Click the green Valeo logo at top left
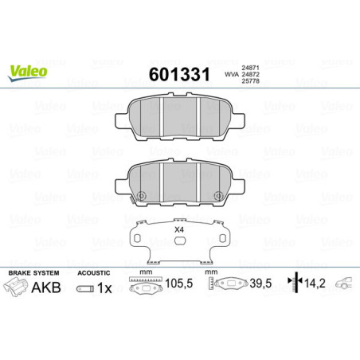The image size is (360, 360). (x=28, y=72)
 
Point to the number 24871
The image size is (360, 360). (x=250, y=68)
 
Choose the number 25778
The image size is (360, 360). (x=250, y=84)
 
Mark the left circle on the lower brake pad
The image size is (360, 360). (x=141, y=197)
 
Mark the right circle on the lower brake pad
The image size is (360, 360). (x=217, y=197)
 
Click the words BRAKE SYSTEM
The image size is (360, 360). (x=31, y=272)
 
